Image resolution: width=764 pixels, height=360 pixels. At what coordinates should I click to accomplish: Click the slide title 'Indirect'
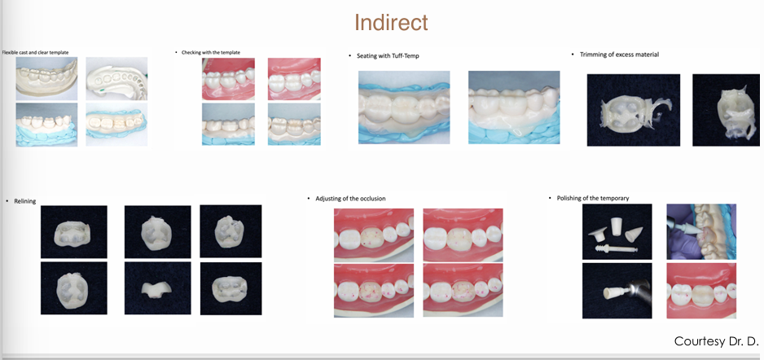391,22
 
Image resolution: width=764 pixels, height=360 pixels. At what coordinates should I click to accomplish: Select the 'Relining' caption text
25,200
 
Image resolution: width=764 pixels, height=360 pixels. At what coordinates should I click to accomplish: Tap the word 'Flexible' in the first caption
11,52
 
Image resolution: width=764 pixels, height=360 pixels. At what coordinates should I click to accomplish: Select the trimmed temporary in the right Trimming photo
724,111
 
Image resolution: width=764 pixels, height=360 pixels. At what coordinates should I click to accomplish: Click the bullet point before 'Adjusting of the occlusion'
310,198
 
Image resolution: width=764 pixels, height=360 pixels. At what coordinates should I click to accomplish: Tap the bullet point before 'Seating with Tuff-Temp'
349,56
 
